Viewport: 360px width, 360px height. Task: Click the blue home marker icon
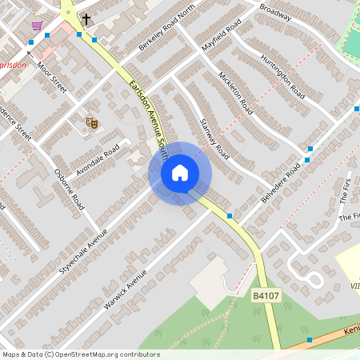point(180,173)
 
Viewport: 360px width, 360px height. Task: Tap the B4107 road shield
point(267,296)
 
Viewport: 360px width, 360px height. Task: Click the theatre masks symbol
point(92,122)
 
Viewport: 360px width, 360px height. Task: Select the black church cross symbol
point(86,18)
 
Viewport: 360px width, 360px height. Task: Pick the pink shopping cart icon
point(37,26)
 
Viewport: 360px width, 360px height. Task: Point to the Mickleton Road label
point(235,93)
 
